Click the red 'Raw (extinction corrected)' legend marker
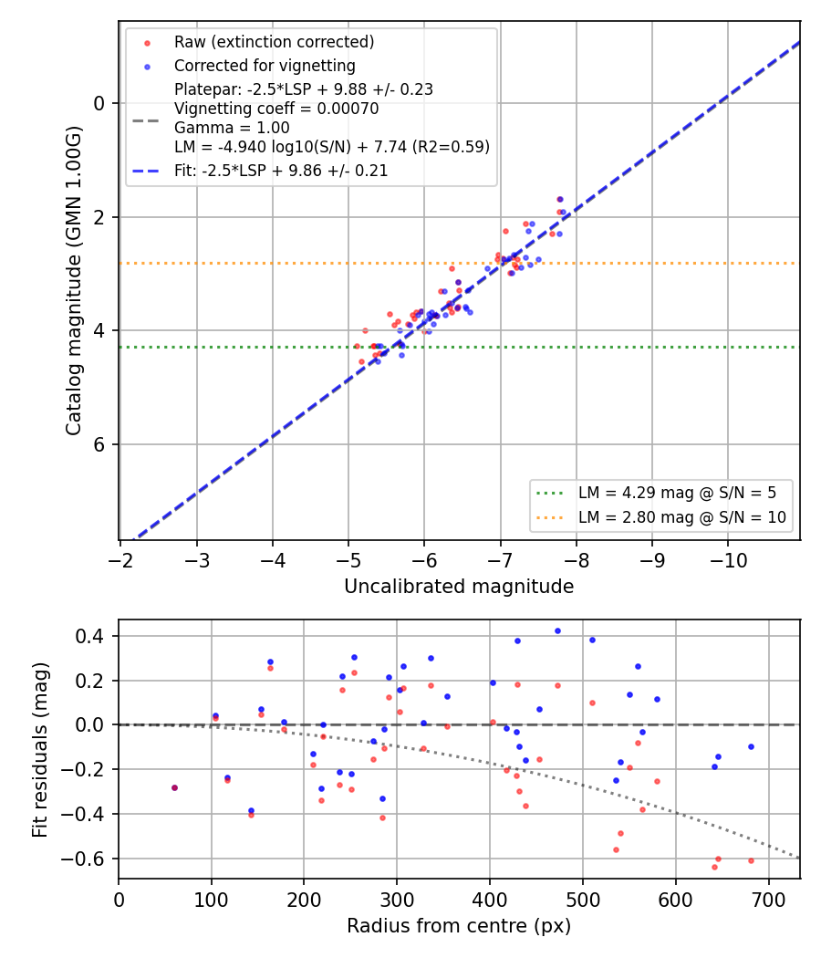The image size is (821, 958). pyautogui.click(x=147, y=44)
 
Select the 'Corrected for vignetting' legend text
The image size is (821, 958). pyautogui.click(x=265, y=66)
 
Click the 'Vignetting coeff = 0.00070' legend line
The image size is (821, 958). pyautogui.click(x=276, y=109)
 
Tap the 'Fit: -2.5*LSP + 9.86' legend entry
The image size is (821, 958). pyautogui.click(x=281, y=171)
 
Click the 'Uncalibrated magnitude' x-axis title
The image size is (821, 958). pyautogui.click(x=459, y=587)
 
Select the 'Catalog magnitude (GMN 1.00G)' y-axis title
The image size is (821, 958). pyautogui.click(x=74, y=281)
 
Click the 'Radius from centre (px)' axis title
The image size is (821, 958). pyautogui.click(x=459, y=926)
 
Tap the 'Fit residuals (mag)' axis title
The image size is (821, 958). pyautogui.click(x=40, y=750)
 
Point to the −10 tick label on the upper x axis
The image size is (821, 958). pyautogui.click(x=728, y=560)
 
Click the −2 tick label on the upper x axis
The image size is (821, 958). pyautogui.click(x=120, y=560)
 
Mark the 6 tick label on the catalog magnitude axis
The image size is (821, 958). pyautogui.click(x=99, y=445)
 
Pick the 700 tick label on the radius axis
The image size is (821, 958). pyautogui.click(x=768, y=900)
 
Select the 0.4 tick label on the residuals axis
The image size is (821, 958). pyautogui.click(x=89, y=637)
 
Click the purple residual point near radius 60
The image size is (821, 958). pyautogui.click(x=175, y=788)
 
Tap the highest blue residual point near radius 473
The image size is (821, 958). pyautogui.click(x=557, y=631)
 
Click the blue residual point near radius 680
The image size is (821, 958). pyautogui.click(x=751, y=747)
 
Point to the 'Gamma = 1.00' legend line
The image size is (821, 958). pyautogui.click(x=232, y=128)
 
